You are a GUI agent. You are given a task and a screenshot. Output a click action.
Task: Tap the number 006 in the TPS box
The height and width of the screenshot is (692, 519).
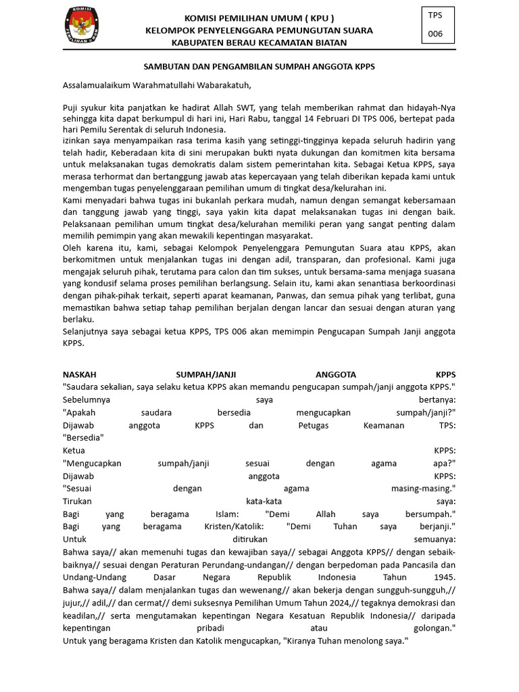point(435,34)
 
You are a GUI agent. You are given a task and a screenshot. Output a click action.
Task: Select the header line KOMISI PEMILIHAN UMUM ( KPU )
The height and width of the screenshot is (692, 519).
point(259,18)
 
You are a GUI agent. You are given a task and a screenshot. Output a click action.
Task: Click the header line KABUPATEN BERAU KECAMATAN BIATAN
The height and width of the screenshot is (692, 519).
point(259,43)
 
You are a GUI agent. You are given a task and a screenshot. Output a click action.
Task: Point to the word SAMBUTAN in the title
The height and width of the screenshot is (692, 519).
point(167,68)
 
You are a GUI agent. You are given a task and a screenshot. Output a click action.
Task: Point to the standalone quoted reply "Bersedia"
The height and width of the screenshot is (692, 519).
point(83,437)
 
